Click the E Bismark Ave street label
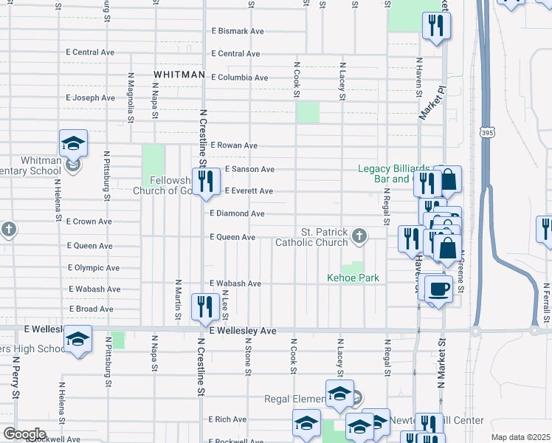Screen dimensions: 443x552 [x=237, y=31]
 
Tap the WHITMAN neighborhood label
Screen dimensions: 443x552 [x=179, y=75]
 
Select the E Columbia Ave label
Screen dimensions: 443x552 [x=239, y=78]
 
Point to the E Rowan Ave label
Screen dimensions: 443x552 [x=234, y=145]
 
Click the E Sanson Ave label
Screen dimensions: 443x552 [x=249, y=169]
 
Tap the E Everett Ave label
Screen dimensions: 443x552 [x=249, y=191]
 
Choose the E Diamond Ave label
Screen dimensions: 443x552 [x=237, y=213]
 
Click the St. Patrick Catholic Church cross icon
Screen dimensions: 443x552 [x=359, y=236]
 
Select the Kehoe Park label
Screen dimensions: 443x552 [x=353, y=278]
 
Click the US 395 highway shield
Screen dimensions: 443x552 [x=486, y=133]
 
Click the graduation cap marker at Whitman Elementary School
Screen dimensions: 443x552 [x=73, y=142]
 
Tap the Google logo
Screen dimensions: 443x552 [x=24, y=434]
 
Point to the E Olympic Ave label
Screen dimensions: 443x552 [x=93, y=268]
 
